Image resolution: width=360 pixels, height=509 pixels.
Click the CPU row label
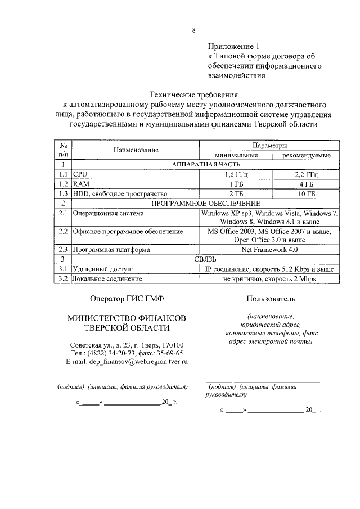tap(82, 174)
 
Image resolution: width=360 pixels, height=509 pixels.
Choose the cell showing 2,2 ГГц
tap(305, 174)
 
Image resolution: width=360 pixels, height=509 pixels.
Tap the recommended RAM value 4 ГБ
tap(305, 184)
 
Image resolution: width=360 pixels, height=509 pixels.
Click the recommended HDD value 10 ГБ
tap(305, 193)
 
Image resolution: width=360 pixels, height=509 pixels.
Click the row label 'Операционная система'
tap(109, 213)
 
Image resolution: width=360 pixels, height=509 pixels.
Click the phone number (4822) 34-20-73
tap(113, 354)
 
